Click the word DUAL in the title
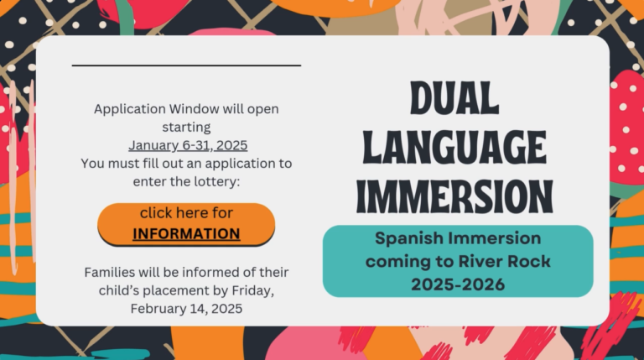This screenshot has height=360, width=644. tap(454, 98)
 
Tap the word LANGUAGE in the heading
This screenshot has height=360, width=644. tap(454, 147)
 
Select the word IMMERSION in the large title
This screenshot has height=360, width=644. tap(454, 197)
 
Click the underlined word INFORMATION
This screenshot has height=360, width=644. tap(186, 233)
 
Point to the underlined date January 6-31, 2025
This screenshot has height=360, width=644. tap(188, 145)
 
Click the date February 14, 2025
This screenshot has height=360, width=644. tap(186, 308)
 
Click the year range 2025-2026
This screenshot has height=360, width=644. tap(458, 284)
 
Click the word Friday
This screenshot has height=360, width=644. tap(253, 290)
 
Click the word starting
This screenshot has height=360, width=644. tap(186, 128)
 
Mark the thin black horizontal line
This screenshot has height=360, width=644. tap(186, 65)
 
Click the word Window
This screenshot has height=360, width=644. tap(194, 109)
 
